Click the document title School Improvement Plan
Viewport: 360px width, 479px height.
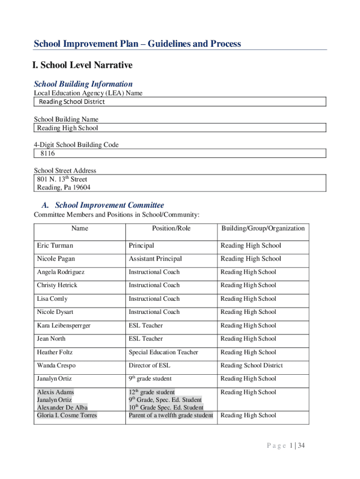click(137, 44)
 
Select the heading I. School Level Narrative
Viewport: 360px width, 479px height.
click(83, 65)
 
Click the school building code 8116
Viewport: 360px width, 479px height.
click(47, 153)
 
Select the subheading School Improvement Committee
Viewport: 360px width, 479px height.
click(109, 205)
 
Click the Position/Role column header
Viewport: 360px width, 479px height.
click(171, 228)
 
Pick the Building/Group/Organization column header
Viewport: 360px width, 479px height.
click(263, 228)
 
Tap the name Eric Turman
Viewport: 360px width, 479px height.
click(55, 246)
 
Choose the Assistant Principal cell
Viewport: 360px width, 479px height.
click(155, 259)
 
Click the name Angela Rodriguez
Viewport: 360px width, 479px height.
click(61, 272)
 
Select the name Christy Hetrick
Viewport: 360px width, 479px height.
click(57, 285)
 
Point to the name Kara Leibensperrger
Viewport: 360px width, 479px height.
click(64, 326)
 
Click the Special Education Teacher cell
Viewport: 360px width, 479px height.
click(163, 352)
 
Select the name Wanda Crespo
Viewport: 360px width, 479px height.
click(56, 365)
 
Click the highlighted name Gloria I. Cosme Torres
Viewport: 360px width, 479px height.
click(67, 415)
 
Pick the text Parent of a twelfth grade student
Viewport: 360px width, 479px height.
click(171, 415)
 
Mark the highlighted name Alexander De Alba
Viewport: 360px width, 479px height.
click(62, 407)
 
